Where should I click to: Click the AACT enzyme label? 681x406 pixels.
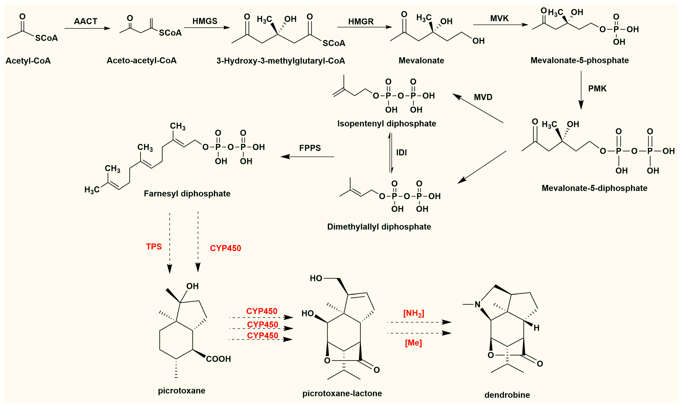pos(86,21)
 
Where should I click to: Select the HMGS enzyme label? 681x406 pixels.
pos(205,21)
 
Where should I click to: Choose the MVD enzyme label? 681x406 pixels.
pos(483,97)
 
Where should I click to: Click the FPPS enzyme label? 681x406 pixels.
pos(310,148)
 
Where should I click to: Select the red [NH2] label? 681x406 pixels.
pos(414,313)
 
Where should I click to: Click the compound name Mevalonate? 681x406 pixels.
pos(421,60)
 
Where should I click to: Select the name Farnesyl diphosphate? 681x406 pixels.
pos(187,194)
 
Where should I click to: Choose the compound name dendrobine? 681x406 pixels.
pos(507,395)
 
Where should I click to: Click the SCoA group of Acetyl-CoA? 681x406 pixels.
pos(47,38)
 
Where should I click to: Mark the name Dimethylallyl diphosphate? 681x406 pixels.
pos(379,227)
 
